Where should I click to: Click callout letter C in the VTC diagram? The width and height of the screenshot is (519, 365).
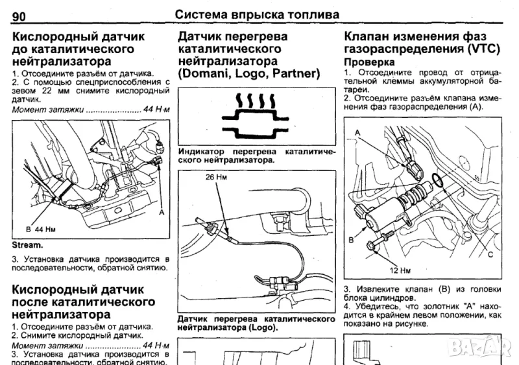(x=490, y=254)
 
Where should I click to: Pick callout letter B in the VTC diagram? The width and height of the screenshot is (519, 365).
(x=351, y=239)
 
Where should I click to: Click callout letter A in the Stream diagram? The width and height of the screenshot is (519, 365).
(x=161, y=211)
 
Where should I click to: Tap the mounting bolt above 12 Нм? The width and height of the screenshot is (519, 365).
(x=378, y=246)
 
